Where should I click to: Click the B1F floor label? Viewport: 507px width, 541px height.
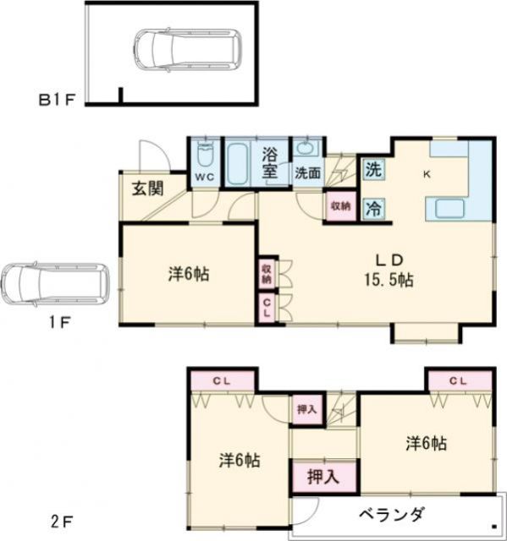click(57, 100)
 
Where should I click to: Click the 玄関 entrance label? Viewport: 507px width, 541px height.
click(147, 187)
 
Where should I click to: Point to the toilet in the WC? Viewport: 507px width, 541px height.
click(204, 156)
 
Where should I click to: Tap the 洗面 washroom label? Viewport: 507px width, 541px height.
click(306, 172)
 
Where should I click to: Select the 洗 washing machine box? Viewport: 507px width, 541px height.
click(373, 168)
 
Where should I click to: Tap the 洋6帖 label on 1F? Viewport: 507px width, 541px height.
click(189, 273)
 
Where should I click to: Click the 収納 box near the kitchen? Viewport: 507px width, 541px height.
click(340, 205)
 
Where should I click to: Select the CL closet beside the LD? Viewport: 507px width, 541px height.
click(267, 305)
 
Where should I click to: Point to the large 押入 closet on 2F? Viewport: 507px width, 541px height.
click(317, 476)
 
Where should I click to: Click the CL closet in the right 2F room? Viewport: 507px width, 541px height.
click(458, 380)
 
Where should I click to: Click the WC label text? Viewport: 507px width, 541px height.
click(204, 177)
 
